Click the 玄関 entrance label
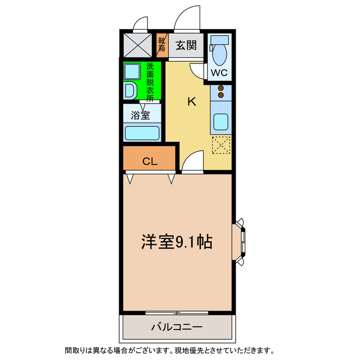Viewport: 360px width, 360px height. [185, 46]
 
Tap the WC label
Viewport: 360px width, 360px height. [219, 73]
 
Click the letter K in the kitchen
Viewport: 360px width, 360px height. [191, 102]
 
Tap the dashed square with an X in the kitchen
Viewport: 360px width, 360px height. [221, 145]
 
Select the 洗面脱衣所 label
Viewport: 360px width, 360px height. [150, 82]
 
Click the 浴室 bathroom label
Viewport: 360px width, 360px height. [141, 116]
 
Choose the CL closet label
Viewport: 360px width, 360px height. [149, 162]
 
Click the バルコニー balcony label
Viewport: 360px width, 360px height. [176, 326]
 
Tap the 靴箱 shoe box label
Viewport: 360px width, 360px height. [161, 45]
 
